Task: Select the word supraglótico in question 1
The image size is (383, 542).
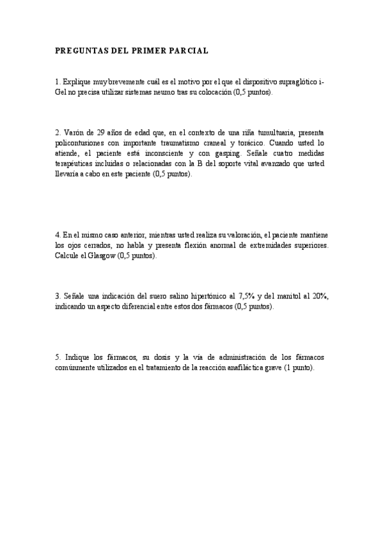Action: point(297,82)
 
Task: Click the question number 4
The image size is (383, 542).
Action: point(58,235)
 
